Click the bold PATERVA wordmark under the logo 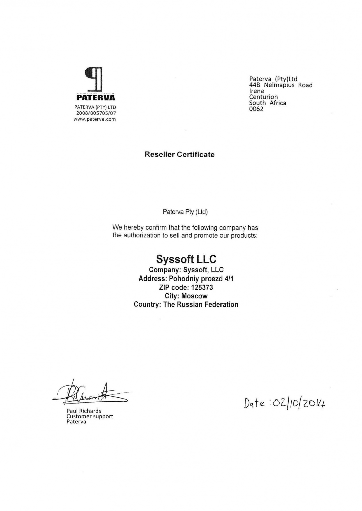96,98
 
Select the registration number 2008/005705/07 96,113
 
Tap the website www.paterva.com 95,119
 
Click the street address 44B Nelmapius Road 281,85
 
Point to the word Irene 257,91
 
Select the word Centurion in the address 263,97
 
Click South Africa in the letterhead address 267,103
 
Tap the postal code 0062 256,109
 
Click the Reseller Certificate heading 180,155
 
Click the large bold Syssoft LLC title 186,259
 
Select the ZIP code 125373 202,287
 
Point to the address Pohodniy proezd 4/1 201,279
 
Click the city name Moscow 195,296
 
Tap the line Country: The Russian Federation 186,305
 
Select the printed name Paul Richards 84,411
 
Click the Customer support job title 90,416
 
